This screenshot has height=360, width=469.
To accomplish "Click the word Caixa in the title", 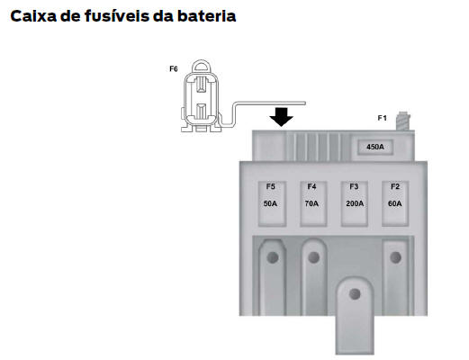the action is point(33,16).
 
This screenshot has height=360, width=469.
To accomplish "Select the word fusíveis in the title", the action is point(117,16).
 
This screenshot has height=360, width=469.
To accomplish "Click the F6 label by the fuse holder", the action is point(174,69).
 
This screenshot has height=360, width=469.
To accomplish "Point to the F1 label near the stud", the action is point(382,118).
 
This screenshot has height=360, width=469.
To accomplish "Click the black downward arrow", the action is point(281,117).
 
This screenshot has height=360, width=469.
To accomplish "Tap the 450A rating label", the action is point(375,147).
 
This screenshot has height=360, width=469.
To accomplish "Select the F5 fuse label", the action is point(270,186).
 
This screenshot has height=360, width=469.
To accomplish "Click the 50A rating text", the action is point(270,203).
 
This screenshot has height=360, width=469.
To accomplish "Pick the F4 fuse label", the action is point(311,186).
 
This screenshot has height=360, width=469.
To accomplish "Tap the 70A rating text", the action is point(311,203).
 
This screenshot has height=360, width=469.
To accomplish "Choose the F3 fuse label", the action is point(354,186).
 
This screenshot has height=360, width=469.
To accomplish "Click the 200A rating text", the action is point(355,203).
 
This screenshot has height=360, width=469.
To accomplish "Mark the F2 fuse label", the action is point(395,186).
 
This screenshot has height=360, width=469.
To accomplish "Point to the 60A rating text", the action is point(394,203).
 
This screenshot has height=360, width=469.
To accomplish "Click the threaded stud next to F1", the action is point(403,121).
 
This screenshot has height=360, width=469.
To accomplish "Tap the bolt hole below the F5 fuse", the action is point(273,257).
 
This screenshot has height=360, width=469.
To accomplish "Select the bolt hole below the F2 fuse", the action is point(395,257).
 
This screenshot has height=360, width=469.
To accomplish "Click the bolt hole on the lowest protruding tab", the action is point(355,294).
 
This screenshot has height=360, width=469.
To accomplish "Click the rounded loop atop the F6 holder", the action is point(201,61).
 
